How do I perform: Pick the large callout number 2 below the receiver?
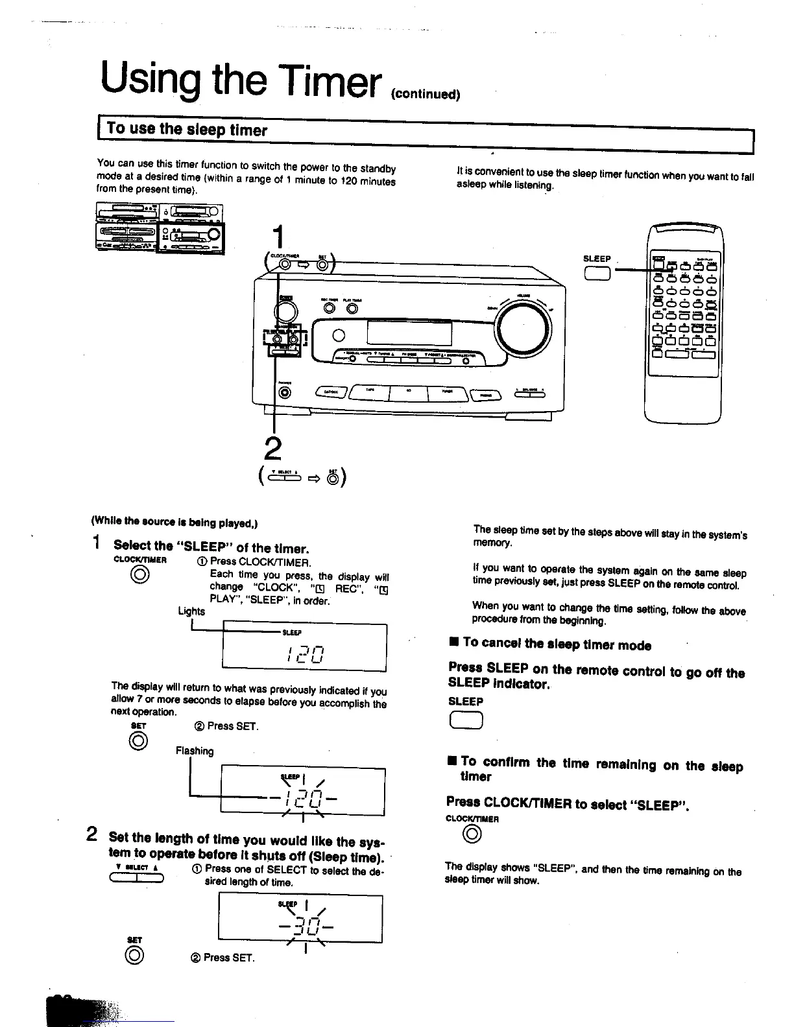tap(274, 449)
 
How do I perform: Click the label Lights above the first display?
tap(191, 611)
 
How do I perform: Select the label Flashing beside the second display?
tap(195, 751)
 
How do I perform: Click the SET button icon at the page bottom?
tap(134, 955)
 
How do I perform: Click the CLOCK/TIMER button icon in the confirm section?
tap(472, 836)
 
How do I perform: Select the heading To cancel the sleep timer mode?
tap(557, 644)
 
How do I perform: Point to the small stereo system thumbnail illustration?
tap(160, 228)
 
